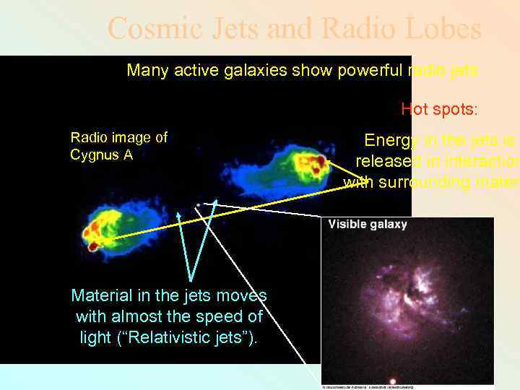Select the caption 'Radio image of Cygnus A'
(118, 146)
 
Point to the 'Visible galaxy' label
(368, 224)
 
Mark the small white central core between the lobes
(198, 205)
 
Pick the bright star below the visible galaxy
(392, 379)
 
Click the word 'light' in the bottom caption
(97, 336)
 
